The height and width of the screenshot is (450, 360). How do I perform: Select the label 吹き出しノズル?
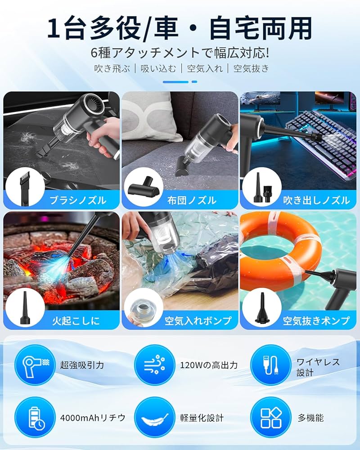[316, 200]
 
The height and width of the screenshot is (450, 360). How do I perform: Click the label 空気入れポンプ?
[198, 321]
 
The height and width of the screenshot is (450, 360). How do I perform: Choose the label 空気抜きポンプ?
[316, 321]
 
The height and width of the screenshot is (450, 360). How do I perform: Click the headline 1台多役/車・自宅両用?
[180, 28]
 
